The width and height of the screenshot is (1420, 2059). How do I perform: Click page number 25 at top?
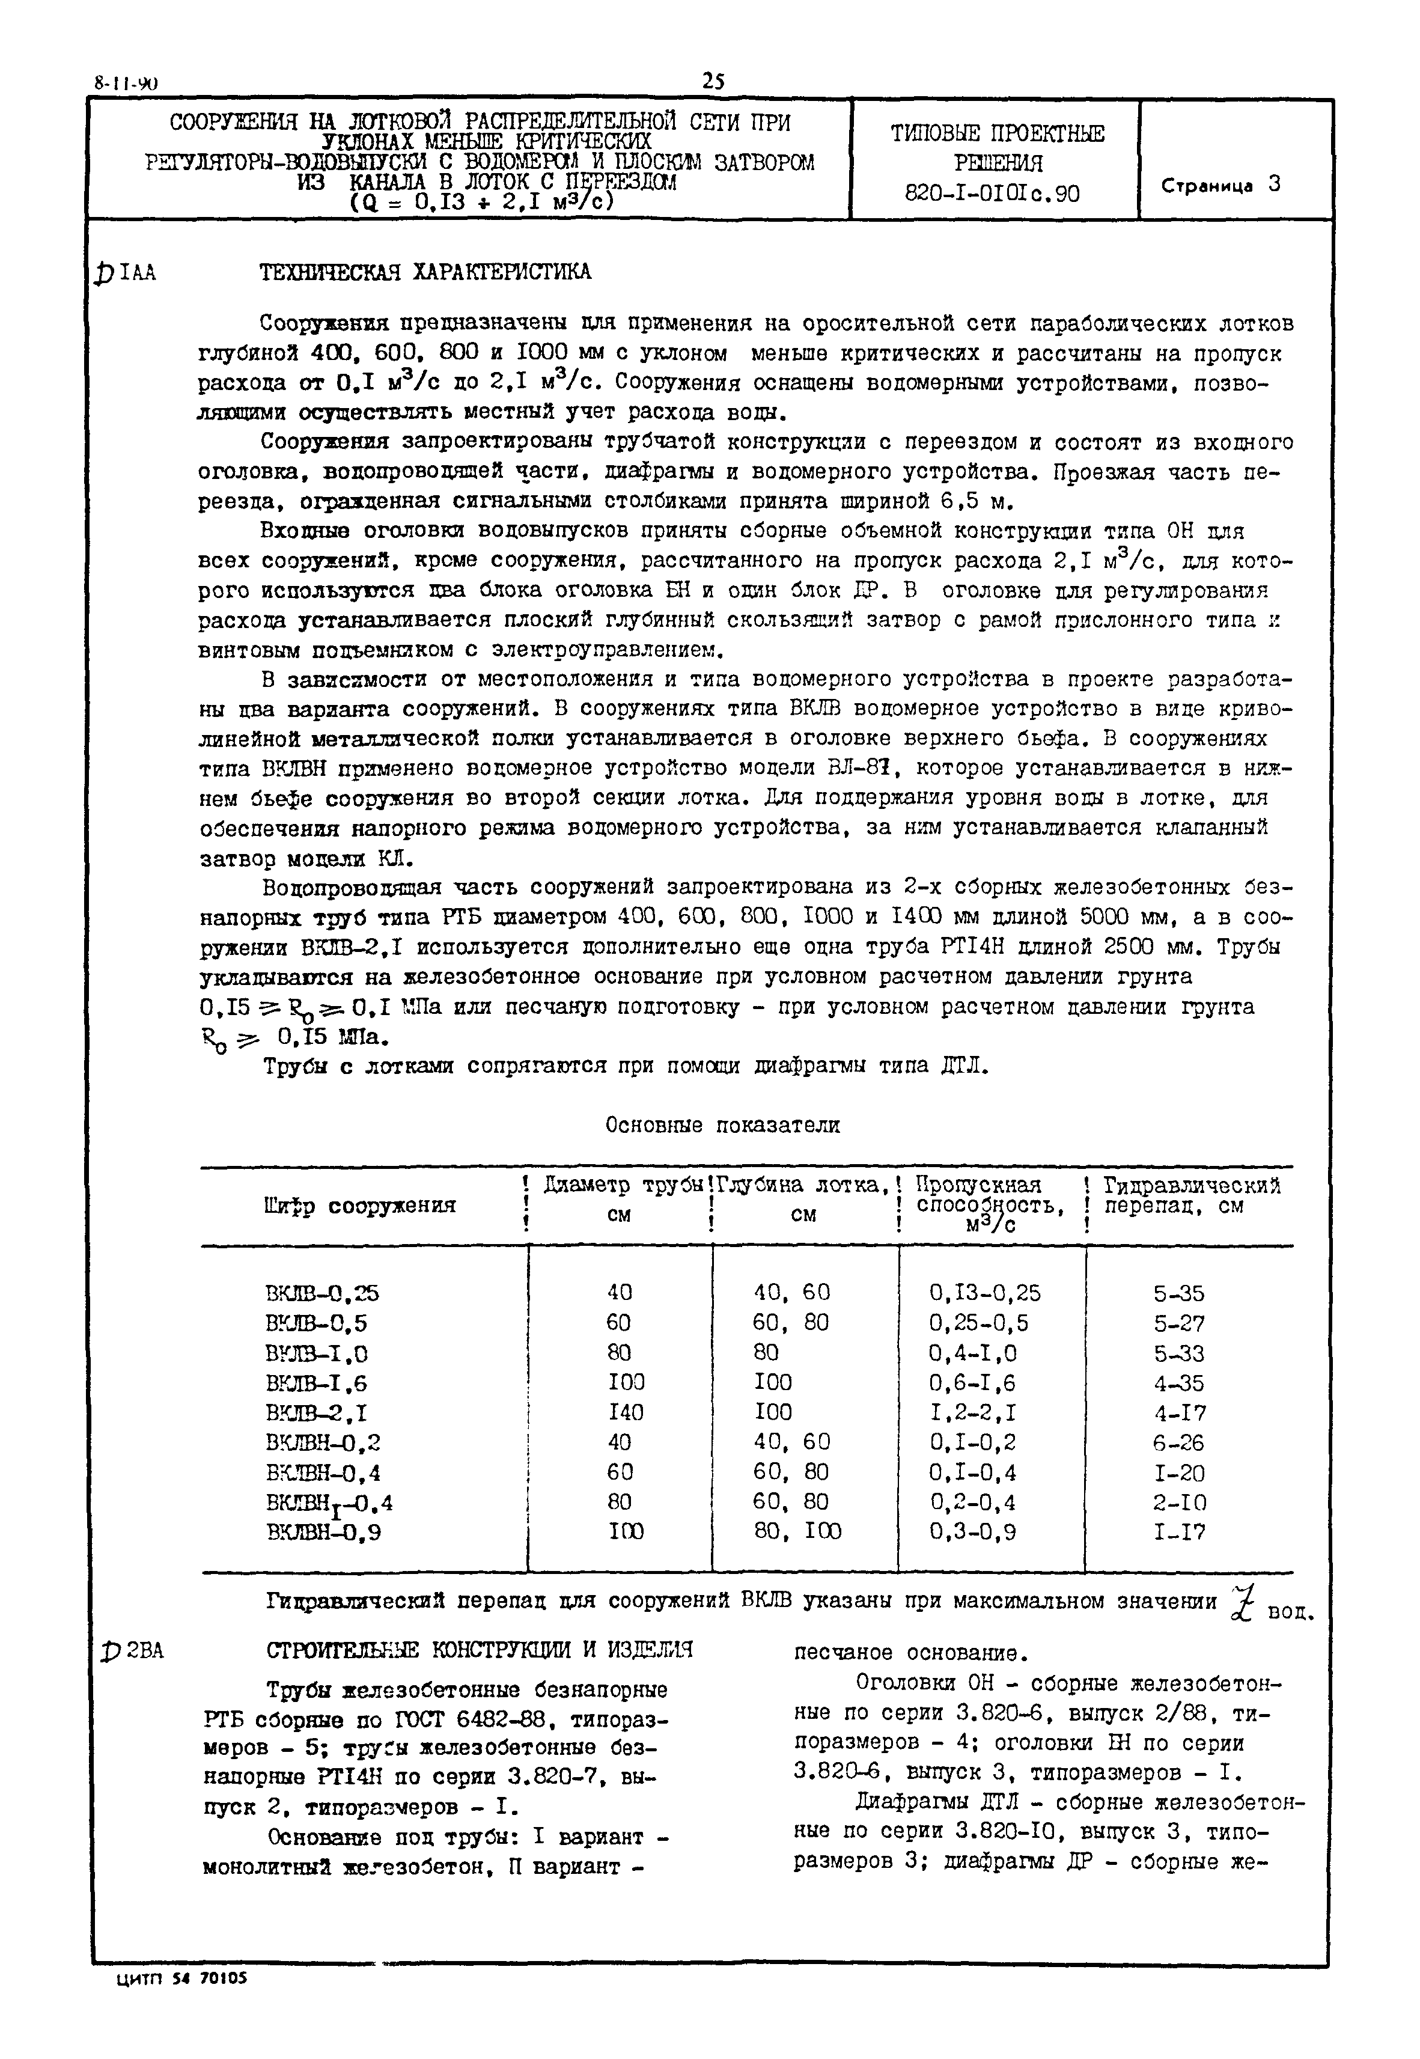[x=713, y=81]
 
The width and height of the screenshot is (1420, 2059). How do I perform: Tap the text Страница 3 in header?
[x=1220, y=185]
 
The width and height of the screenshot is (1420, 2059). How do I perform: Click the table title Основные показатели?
[x=722, y=1126]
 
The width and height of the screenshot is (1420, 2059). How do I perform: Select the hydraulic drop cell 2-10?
[x=1180, y=1503]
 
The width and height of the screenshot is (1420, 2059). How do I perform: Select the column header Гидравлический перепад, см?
[x=1190, y=1197]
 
